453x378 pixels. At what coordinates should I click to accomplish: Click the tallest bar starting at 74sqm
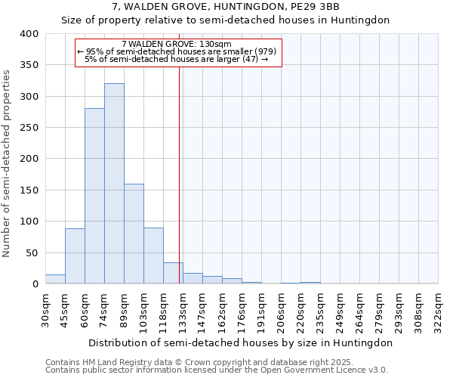click(x=114, y=184)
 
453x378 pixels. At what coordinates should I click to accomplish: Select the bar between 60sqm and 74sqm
click(x=94, y=196)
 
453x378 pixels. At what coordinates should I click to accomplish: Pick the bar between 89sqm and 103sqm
click(x=134, y=234)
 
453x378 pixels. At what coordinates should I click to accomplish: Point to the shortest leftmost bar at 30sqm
click(x=55, y=279)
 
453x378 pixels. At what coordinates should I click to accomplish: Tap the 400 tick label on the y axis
click(x=29, y=34)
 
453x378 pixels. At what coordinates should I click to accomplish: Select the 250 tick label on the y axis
click(x=29, y=128)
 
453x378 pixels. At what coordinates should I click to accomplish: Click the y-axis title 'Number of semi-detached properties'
click(x=8, y=163)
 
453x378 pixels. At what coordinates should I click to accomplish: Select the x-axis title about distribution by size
click(x=240, y=342)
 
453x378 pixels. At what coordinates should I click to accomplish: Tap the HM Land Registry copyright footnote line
click(x=199, y=362)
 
